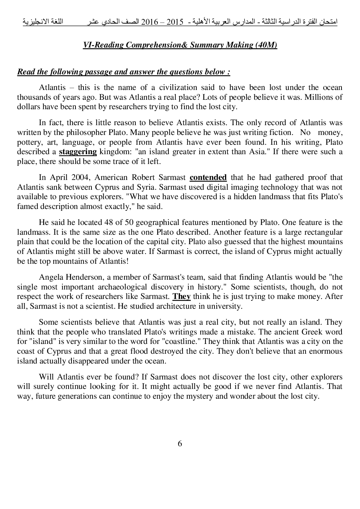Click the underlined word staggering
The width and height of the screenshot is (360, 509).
click(x=78, y=152)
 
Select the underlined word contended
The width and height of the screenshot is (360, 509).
click(x=208, y=177)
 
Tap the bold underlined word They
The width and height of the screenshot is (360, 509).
click(x=181, y=296)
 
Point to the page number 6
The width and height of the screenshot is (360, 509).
click(x=180, y=444)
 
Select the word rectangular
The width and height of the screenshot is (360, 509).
click(x=320, y=232)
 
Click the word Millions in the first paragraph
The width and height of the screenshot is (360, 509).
click(x=319, y=97)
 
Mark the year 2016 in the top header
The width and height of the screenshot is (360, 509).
click(x=152, y=22)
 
